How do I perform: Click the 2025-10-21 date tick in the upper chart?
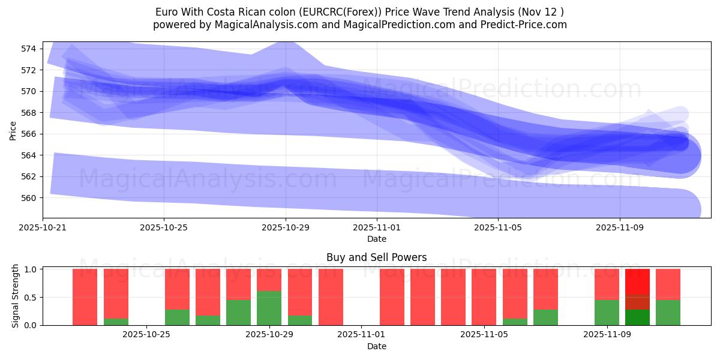click(43, 228)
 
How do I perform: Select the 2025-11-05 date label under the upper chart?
click(497, 228)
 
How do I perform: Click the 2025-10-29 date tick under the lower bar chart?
click(269, 335)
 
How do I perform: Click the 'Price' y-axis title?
click(13, 130)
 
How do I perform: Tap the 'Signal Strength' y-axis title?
click(16, 296)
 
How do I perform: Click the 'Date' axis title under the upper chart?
click(377, 239)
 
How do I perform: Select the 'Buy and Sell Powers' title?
click(377, 257)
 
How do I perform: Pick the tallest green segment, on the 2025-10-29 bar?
click(269, 308)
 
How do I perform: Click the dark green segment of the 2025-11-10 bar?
click(637, 317)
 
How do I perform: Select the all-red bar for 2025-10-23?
click(85, 297)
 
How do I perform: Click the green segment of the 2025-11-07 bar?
click(545, 317)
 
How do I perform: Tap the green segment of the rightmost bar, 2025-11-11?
click(668, 313)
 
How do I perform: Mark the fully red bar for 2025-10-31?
click(331, 297)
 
